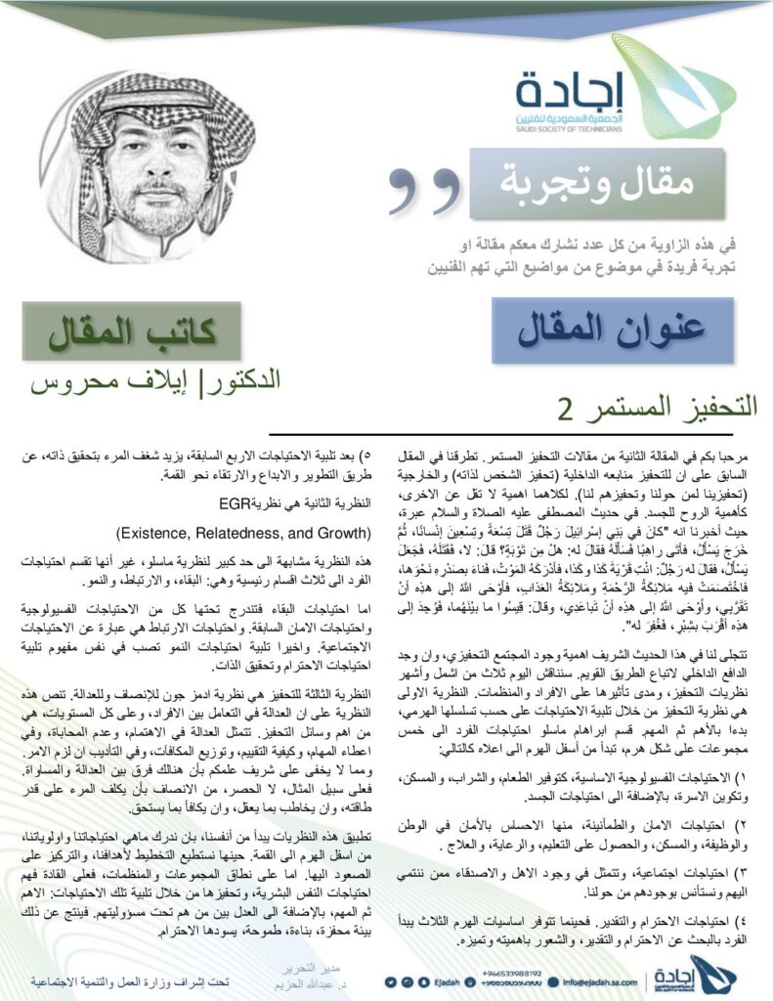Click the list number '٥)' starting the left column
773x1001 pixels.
(x=360, y=457)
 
